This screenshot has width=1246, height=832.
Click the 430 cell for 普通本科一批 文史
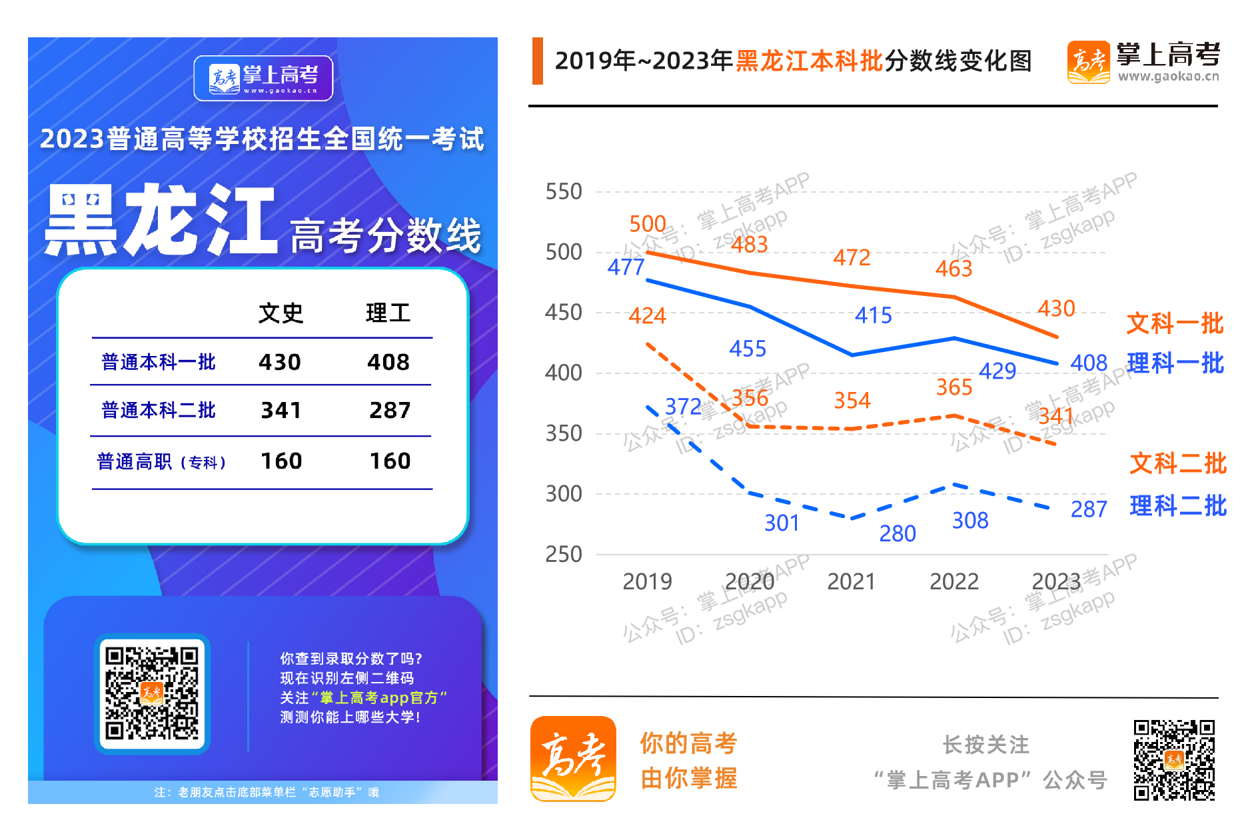(x=280, y=362)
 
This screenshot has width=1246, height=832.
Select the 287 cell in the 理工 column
(x=390, y=410)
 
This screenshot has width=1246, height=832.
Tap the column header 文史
(x=281, y=313)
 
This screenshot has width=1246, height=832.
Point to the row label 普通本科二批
(x=159, y=410)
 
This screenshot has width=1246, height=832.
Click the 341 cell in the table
(x=281, y=410)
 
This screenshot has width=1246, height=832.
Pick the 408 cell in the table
(x=388, y=362)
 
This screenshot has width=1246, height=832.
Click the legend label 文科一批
(x=1175, y=323)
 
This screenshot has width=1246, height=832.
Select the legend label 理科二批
(x=1177, y=505)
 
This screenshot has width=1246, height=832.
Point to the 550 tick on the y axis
(x=564, y=192)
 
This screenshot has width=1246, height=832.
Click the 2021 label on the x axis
(x=851, y=582)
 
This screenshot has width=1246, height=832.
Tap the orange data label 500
(x=648, y=224)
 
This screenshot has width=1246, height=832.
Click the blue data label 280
(x=898, y=533)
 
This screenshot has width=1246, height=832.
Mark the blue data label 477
(x=626, y=267)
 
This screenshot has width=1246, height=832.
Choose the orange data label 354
(x=852, y=400)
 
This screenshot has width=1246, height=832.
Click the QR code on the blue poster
(x=153, y=693)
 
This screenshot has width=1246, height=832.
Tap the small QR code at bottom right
(x=1174, y=759)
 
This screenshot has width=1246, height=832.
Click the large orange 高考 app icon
(x=573, y=759)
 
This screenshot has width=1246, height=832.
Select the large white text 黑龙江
(x=161, y=220)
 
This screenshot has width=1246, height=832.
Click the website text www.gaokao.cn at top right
(x=1168, y=77)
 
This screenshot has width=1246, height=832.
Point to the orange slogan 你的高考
(x=688, y=743)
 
